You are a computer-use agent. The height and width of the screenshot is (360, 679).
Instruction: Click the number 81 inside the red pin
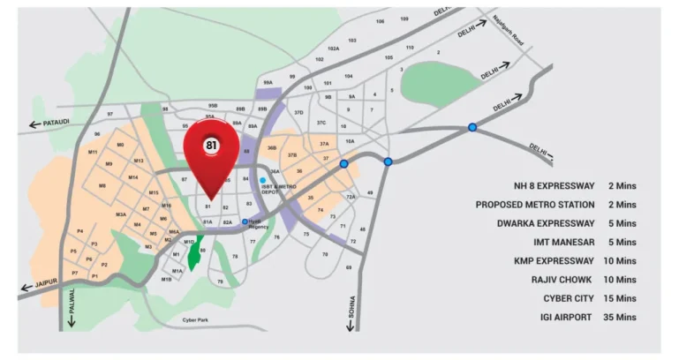211,145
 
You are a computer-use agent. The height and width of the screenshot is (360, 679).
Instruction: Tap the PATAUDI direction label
54,123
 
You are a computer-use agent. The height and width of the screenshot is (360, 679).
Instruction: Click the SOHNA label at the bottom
351,311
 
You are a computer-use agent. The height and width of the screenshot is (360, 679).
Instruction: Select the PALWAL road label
72,305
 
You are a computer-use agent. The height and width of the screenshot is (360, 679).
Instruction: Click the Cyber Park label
195,319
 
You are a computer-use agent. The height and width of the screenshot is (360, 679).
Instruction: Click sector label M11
93,152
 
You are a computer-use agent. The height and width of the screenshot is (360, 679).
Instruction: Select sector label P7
75,274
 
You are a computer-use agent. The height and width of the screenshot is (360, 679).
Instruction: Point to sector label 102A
333,49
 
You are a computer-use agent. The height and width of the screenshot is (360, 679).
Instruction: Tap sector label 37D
299,112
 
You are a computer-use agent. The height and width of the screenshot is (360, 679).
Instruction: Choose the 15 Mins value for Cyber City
622,298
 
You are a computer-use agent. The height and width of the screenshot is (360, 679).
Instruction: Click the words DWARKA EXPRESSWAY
545,223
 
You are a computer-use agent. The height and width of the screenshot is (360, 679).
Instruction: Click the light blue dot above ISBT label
262,180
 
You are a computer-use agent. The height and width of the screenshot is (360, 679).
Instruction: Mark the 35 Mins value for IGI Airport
622,317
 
